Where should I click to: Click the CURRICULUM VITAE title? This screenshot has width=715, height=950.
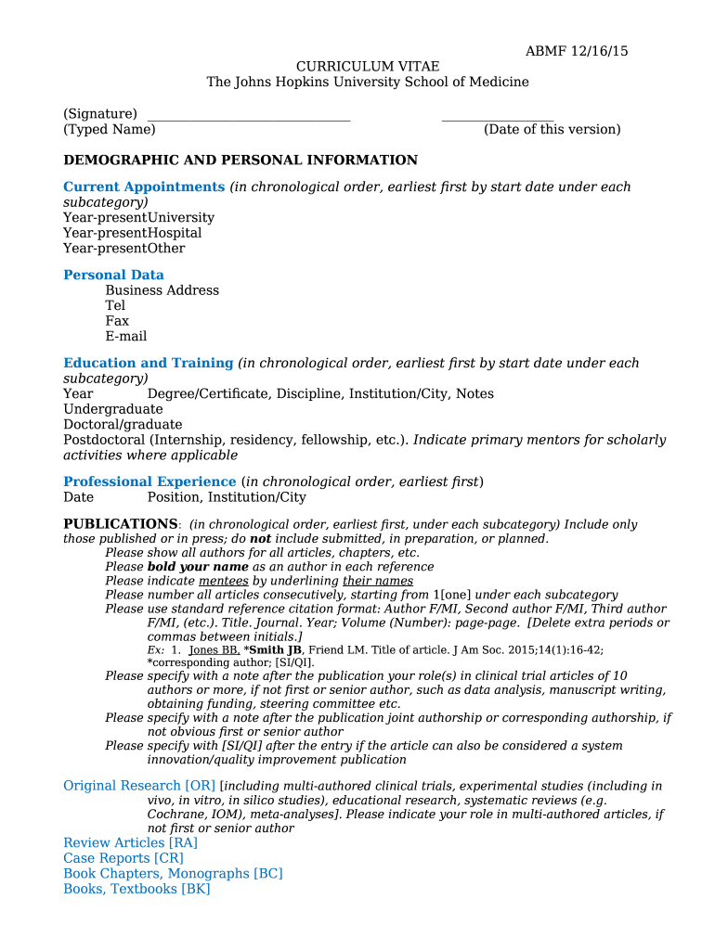click(368, 67)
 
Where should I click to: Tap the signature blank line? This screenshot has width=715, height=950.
click(249, 119)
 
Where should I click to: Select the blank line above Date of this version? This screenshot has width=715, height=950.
click(498, 119)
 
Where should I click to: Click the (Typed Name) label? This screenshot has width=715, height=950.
click(110, 130)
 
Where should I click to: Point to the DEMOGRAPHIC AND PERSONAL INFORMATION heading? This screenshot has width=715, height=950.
click(240, 160)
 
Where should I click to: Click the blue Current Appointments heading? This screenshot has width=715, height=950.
click(144, 187)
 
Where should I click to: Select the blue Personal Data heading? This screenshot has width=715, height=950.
click(113, 276)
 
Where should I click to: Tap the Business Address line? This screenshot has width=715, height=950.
click(162, 290)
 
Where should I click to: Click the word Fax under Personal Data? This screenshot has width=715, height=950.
click(117, 321)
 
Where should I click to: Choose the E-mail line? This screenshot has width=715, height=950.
click(126, 337)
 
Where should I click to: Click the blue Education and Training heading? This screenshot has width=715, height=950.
click(149, 364)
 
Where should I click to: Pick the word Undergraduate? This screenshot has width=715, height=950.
click(113, 409)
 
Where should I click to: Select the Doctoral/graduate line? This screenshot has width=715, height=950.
click(123, 425)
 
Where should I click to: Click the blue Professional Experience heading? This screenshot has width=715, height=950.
click(149, 482)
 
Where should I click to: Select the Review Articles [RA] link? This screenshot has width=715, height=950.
click(130, 843)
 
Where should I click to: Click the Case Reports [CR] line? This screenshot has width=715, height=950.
click(123, 858)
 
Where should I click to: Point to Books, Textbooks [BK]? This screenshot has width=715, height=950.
click(136, 889)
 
